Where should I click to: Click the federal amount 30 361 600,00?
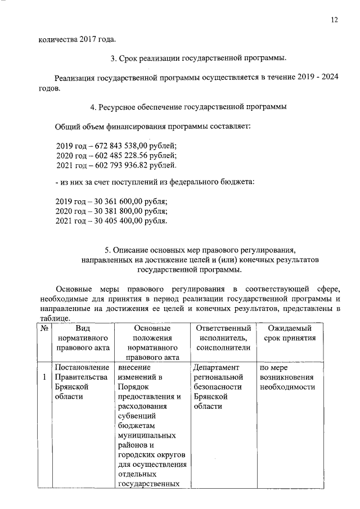point(115,201)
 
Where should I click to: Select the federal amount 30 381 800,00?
point(115,211)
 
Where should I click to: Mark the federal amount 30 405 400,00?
point(115,221)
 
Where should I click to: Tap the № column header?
point(44,328)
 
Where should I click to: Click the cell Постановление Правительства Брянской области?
point(82,382)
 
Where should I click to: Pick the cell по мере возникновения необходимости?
point(287,377)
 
